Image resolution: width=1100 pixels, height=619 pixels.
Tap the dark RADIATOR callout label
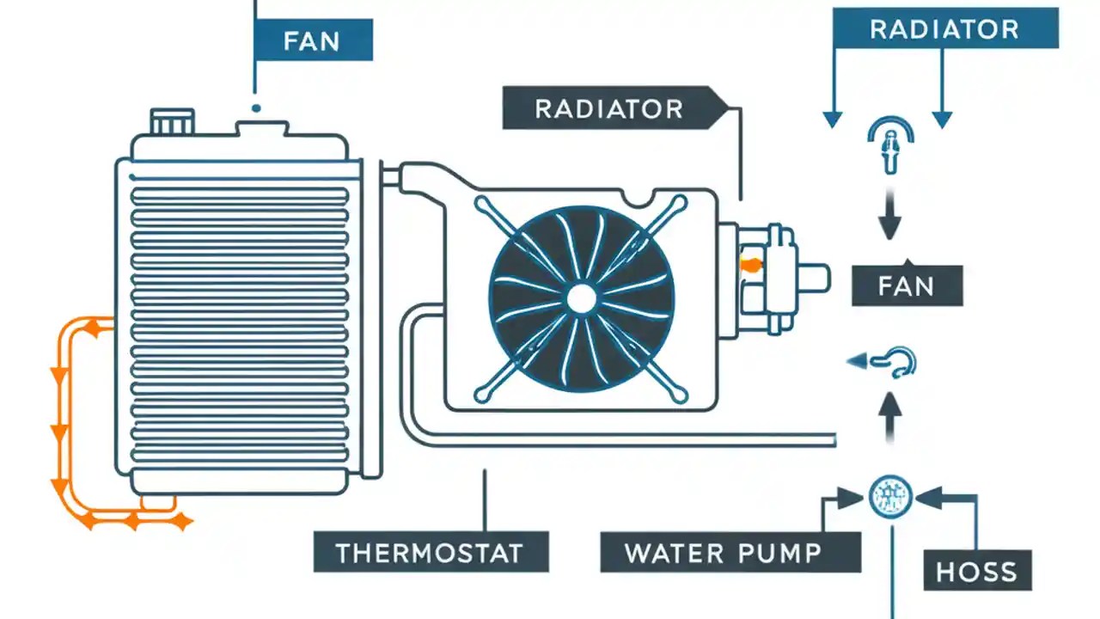pyautogui.click(x=610, y=109)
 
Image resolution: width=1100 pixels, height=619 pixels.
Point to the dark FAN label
pyautogui.click(x=907, y=285)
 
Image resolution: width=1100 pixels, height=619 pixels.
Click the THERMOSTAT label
pyautogui.click(x=430, y=552)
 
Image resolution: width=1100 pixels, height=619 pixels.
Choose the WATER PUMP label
pyautogui.click(x=730, y=552)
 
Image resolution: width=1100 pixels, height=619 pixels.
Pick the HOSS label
pyautogui.click(x=977, y=570)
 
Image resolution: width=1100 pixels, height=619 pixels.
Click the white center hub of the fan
pyautogui.click(x=582, y=298)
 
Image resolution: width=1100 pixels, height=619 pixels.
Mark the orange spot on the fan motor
pyautogui.click(x=749, y=266)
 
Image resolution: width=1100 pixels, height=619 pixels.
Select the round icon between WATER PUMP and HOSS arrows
pyautogui.click(x=889, y=497)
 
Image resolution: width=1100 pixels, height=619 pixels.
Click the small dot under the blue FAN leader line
pyautogui.click(x=255, y=108)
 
